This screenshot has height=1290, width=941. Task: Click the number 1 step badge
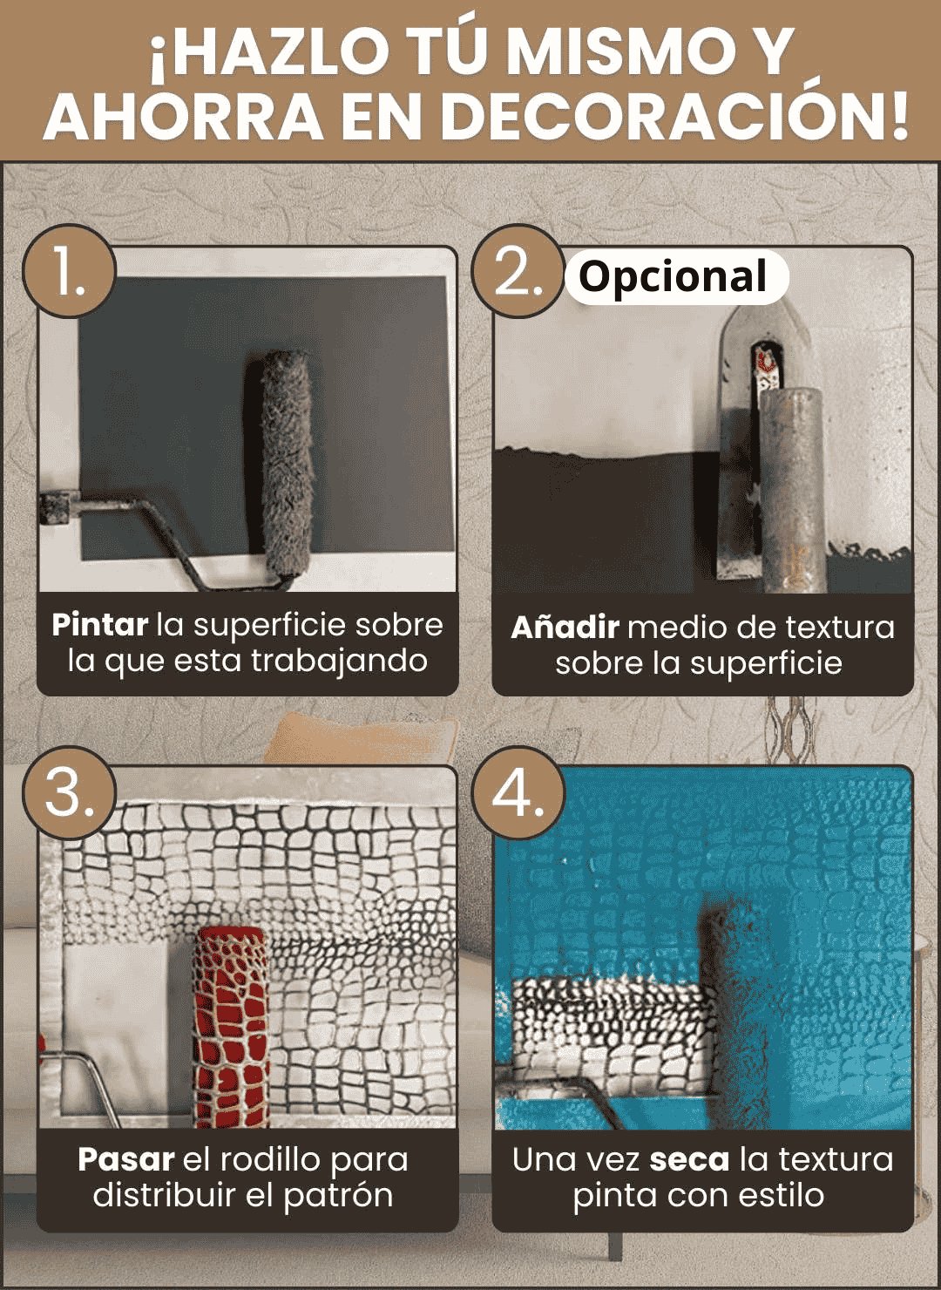pyautogui.click(x=69, y=271)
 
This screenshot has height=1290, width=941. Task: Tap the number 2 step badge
pyautogui.click(x=518, y=271)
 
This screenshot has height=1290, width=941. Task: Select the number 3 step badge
pyautogui.click(x=69, y=793)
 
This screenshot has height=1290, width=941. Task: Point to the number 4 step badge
pyautogui.click(x=518, y=793)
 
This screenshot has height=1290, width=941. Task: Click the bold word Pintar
pyautogui.click(x=99, y=625)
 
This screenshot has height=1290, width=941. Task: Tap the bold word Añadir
pyautogui.click(x=565, y=628)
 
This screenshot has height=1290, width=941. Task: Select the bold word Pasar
pyautogui.click(x=126, y=1160)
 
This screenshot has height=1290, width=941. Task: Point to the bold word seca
pyautogui.click(x=689, y=1160)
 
